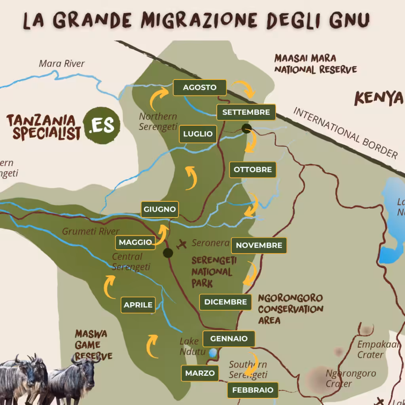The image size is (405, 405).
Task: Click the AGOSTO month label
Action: tap(200, 87)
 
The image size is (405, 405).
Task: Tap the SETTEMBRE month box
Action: tap(246, 112)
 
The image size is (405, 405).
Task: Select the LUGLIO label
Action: tap(198, 134)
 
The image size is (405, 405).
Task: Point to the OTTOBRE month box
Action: tap(253, 170)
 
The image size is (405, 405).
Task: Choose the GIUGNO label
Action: tap(160, 210)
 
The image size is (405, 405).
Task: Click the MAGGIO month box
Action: tap(135, 242)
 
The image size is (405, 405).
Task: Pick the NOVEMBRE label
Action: tap(259, 245)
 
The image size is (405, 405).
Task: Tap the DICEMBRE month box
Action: tap(225, 302)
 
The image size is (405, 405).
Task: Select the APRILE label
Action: tap(138, 305)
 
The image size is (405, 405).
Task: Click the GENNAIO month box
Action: tap(229, 339)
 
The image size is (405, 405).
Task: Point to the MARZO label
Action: tap(200, 373)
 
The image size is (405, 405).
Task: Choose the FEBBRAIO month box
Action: tap(252, 390)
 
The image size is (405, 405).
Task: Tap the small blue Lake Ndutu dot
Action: tap(213, 352)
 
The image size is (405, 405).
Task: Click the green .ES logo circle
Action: tap(102, 125)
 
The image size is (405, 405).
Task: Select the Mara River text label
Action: tap(62, 63)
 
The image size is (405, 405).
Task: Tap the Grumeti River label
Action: tap(91, 231)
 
